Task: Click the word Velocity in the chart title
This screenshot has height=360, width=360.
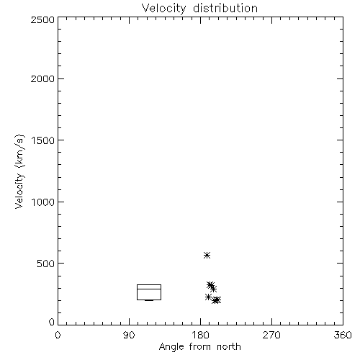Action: click(163, 9)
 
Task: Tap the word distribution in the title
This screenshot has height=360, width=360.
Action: click(225, 8)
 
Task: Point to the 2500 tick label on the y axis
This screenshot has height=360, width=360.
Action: click(42, 19)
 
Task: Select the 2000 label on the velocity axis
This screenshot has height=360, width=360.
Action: click(42, 78)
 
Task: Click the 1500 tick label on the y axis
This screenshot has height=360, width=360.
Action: click(43, 140)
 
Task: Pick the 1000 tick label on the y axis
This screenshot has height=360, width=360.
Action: click(43, 202)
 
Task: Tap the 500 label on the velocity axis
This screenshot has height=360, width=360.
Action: click(46, 264)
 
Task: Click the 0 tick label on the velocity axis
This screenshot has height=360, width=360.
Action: click(52, 322)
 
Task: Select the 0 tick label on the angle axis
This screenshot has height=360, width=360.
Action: click(58, 335)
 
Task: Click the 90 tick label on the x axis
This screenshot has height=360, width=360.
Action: click(129, 335)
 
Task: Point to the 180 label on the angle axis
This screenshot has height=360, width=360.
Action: click(200, 335)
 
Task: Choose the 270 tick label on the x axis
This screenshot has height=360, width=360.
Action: click(271, 335)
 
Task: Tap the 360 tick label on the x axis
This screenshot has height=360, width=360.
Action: click(343, 335)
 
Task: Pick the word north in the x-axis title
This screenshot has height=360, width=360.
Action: click(228, 347)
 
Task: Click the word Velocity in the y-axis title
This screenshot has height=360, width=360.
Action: click(19, 191)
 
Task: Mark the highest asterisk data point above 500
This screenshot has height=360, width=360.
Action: click(207, 255)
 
